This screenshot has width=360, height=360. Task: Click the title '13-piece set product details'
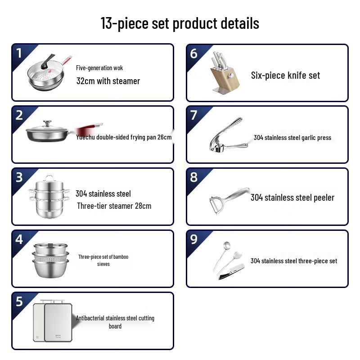(x=180, y=23)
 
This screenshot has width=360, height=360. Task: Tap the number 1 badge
(x=19, y=53)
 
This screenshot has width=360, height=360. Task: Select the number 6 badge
(x=194, y=53)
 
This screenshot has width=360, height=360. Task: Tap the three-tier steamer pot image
(x=49, y=197)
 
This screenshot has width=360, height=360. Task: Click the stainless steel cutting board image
(x=53, y=320)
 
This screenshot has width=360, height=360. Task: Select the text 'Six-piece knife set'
(x=285, y=75)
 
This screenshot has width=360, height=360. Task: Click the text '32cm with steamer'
(x=108, y=81)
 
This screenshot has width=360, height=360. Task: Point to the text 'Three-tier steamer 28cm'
(x=114, y=206)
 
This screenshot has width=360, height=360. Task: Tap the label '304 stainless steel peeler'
(x=292, y=197)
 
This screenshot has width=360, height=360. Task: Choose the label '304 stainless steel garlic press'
(x=292, y=137)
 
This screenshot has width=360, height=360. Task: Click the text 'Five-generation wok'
(x=99, y=68)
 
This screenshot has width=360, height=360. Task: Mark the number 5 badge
(x=19, y=301)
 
